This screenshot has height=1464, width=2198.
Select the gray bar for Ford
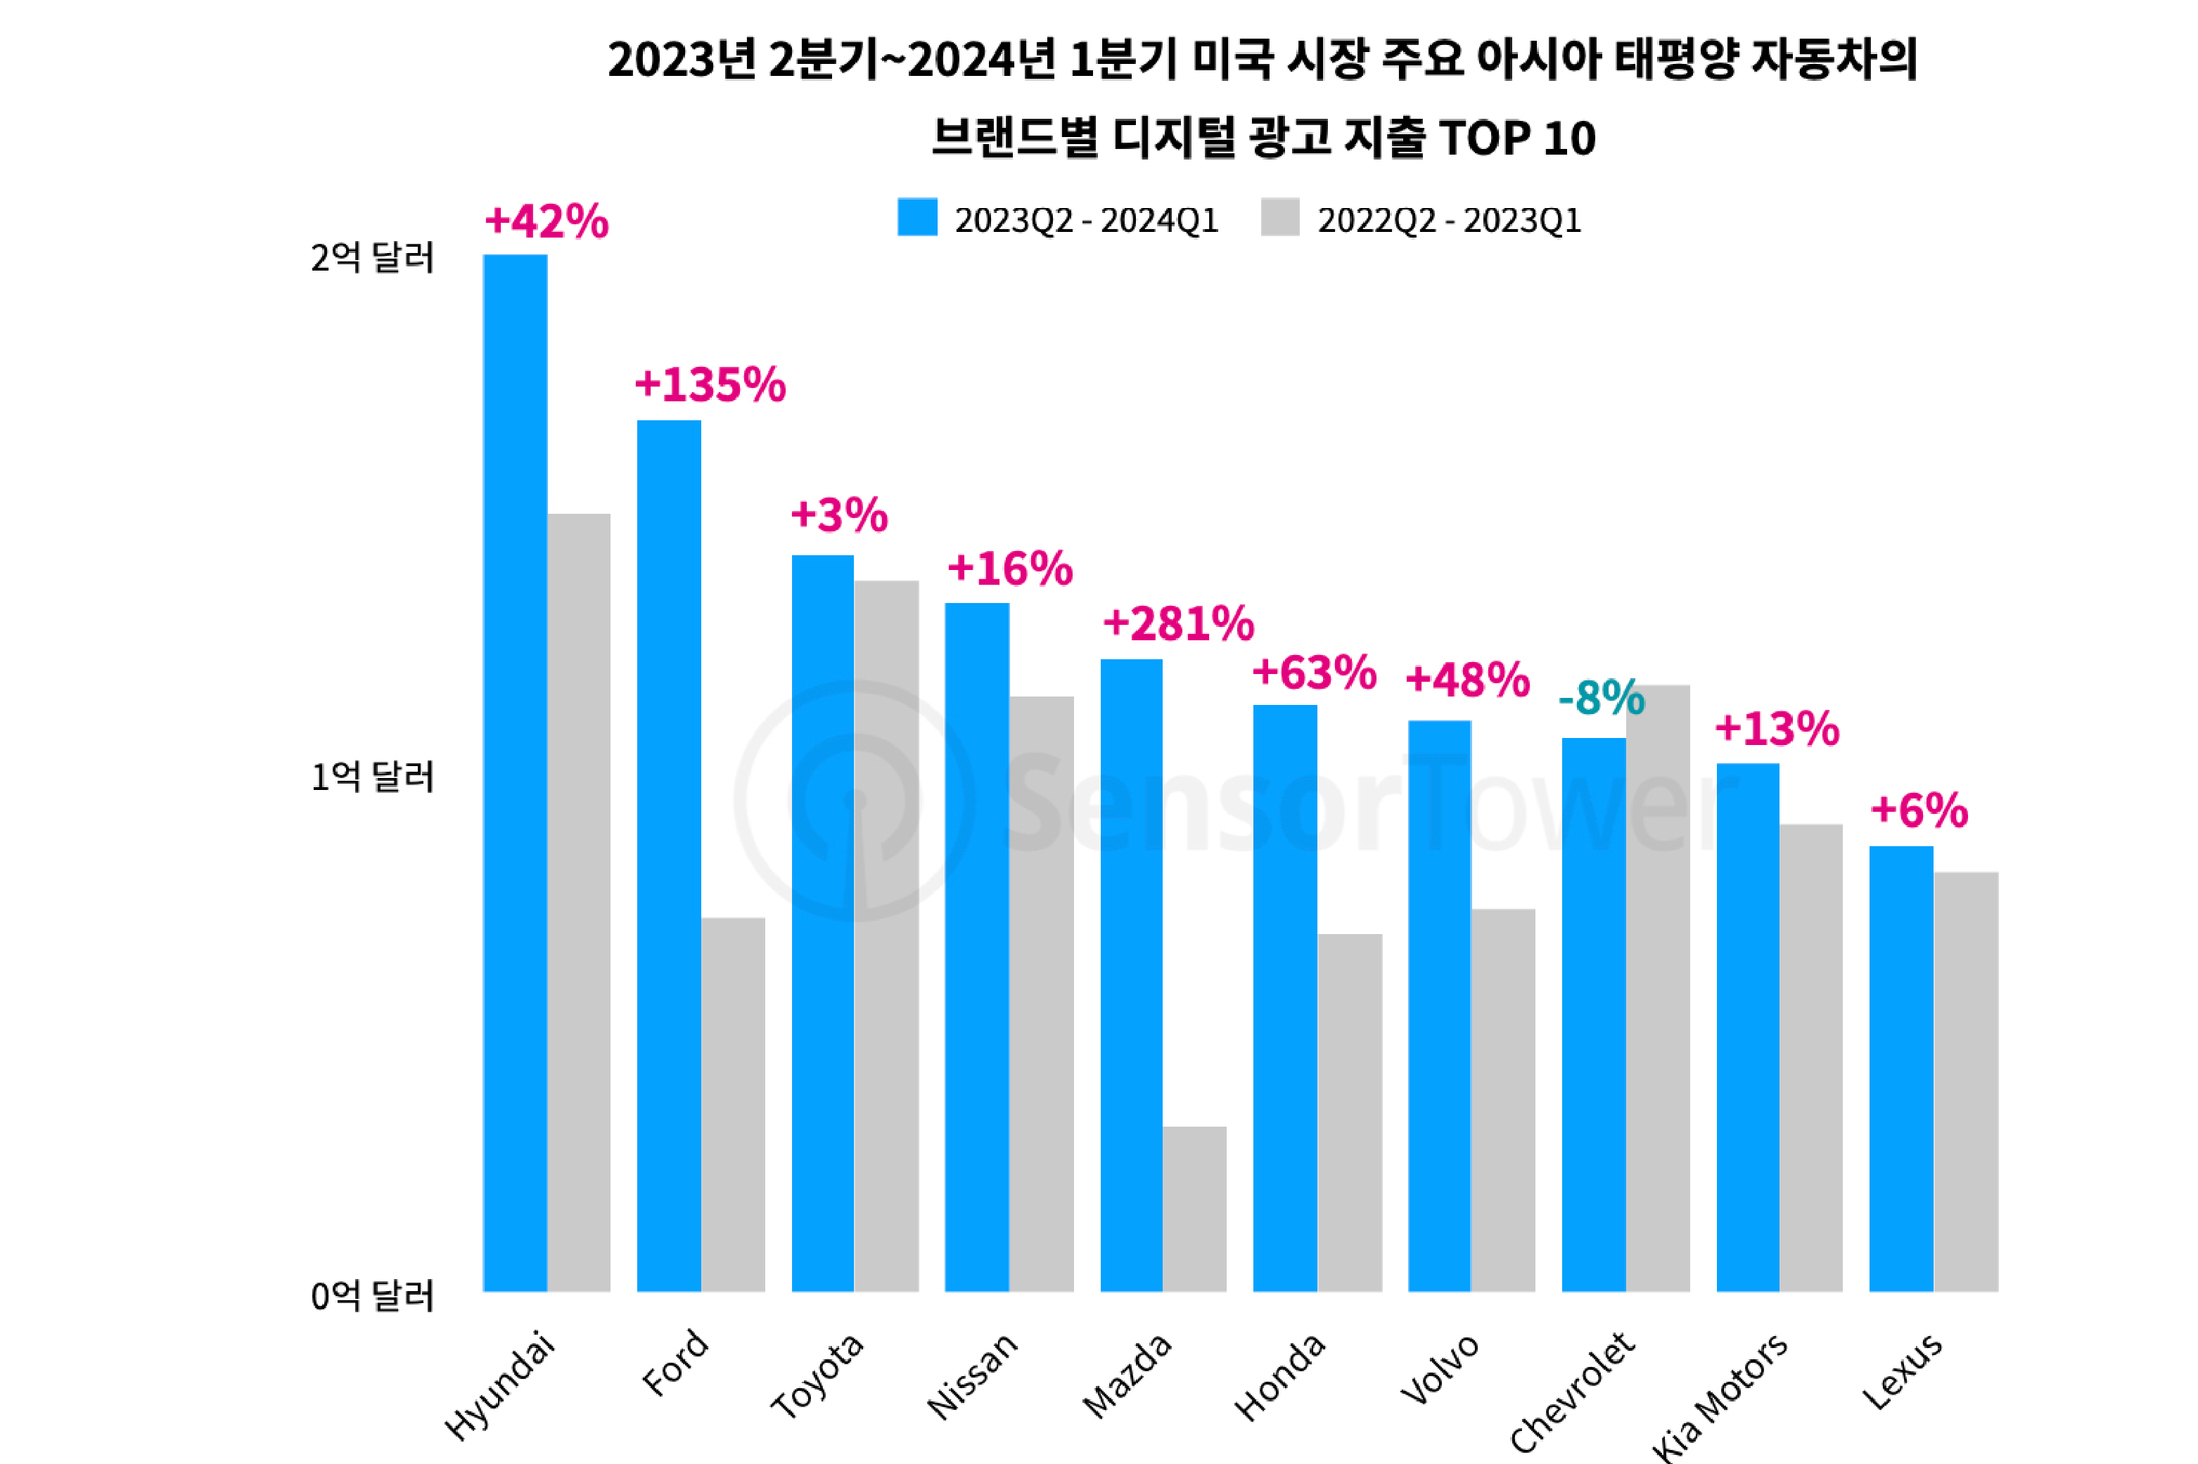tap(734, 1105)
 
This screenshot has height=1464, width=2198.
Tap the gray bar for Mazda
tap(1195, 1209)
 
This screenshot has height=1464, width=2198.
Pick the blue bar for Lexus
tap(1901, 1069)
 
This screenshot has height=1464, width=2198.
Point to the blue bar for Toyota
tap(823, 924)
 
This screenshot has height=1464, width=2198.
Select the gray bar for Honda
tap(1350, 1113)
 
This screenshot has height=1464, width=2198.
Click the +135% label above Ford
tap(710, 384)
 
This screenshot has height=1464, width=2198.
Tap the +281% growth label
tap(1178, 623)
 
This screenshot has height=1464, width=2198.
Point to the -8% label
tap(1601, 697)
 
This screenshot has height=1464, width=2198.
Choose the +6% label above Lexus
tap(1919, 810)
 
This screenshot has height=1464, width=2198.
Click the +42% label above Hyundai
tap(547, 222)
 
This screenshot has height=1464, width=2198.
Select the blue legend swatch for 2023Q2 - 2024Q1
tap(917, 218)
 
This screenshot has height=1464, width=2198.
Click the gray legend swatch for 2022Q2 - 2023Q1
tap(1279, 218)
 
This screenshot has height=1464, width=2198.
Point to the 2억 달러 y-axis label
tap(373, 258)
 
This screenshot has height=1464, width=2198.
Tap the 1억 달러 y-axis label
tap(373, 777)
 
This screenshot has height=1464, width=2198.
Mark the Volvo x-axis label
tap(1440, 1368)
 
